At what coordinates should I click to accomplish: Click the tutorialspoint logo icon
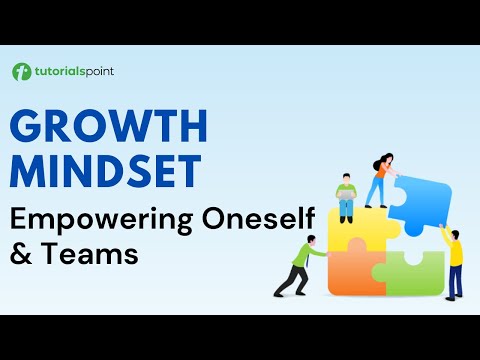click(x=21, y=72)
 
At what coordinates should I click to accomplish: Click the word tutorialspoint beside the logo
click(x=68, y=72)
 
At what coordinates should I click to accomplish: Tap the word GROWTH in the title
click(x=110, y=128)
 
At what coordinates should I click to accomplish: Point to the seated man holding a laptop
click(x=346, y=196)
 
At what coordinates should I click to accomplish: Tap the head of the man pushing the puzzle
click(x=311, y=240)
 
